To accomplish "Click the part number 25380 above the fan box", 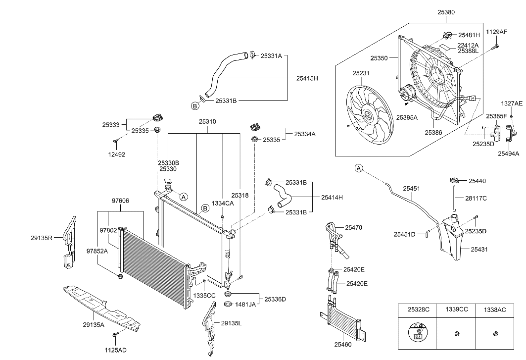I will point(446,12).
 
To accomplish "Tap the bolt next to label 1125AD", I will point(115,336).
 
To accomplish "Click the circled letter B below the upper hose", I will point(195,105).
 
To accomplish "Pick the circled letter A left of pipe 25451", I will point(359,168).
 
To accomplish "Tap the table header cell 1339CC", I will point(456,309).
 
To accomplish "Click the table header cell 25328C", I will point(418,309).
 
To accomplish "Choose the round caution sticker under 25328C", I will point(418,333).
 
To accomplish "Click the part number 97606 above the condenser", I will point(120,201).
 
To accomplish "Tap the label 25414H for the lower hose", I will point(332,198).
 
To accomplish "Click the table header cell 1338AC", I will point(494,309).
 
